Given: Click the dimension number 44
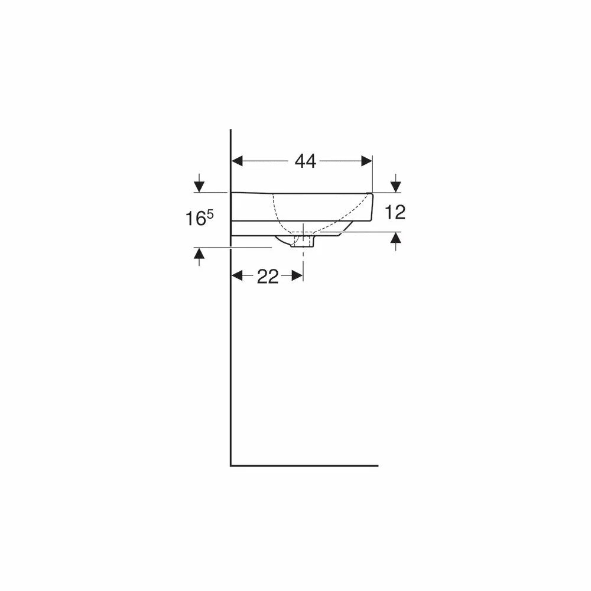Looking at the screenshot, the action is tap(306, 161).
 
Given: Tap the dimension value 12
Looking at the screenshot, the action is tap(395, 213).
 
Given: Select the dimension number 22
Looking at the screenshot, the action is tap(268, 277).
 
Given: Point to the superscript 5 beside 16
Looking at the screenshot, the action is tap(210, 214).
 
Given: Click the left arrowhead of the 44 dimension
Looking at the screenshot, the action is tap(237, 161).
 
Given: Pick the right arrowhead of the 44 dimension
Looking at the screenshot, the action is tap(367, 161).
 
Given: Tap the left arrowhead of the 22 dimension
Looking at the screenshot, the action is tap(237, 276).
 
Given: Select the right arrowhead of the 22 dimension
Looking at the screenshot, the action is tap(297, 276).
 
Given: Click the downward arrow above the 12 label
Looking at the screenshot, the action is tap(395, 183).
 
